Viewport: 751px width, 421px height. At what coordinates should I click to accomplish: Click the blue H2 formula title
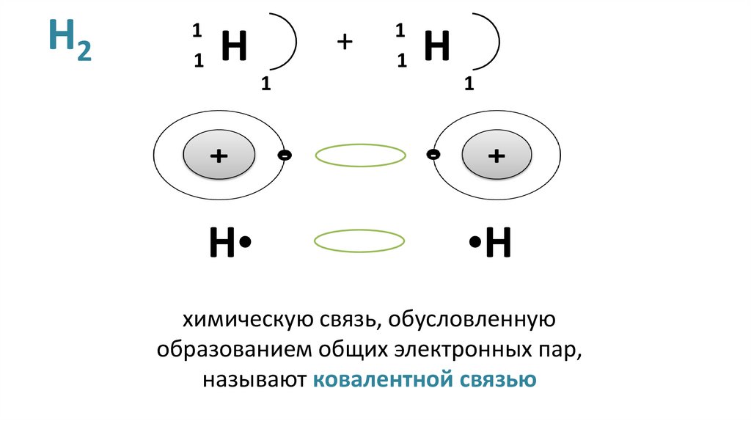tap(70, 42)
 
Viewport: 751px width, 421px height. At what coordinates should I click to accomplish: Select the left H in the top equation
tap(233, 48)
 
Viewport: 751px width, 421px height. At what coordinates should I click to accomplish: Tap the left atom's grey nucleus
tap(219, 156)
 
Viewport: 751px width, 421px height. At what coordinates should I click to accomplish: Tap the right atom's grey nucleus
tap(497, 156)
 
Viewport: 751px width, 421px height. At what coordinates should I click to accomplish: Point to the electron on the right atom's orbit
tap(433, 155)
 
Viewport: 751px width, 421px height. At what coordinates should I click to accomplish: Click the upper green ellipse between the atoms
tap(360, 155)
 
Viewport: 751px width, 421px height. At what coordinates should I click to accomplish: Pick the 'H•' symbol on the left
tap(230, 244)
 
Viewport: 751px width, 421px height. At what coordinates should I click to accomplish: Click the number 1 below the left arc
tap(265, 85)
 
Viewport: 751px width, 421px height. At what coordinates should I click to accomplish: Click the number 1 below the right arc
tap(468, 85)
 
